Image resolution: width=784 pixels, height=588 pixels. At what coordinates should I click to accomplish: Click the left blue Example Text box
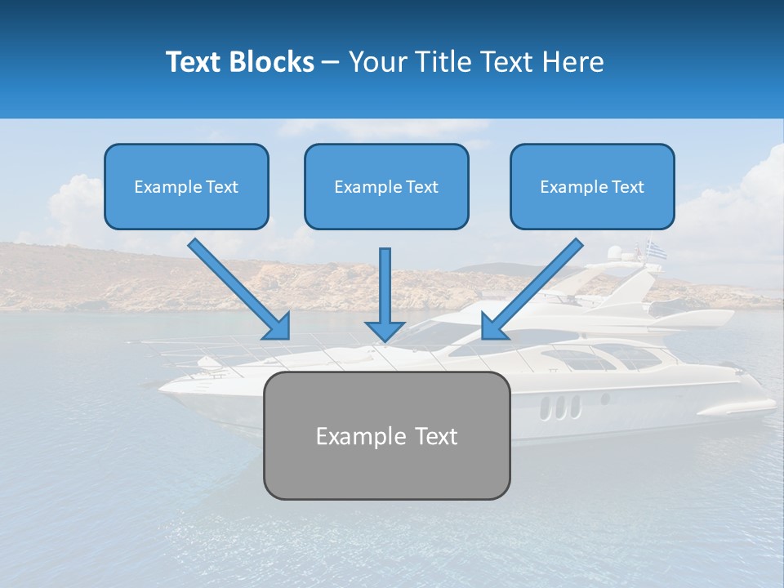186,186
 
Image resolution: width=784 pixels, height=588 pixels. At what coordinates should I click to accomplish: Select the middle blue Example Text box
386,186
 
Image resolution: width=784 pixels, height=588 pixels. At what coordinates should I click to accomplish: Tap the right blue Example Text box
592,186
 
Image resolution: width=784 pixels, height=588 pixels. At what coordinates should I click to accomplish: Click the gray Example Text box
386,435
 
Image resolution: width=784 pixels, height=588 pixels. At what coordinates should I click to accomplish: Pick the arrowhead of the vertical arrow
385,329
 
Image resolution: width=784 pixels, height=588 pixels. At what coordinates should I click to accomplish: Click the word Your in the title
377,62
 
